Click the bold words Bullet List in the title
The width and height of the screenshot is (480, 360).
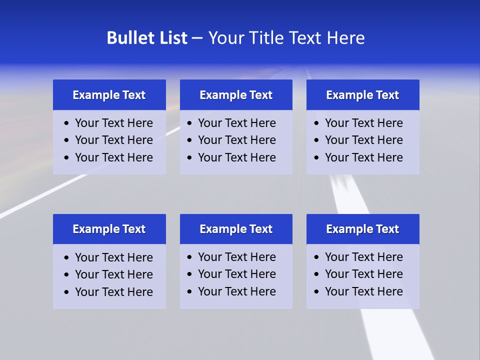147,38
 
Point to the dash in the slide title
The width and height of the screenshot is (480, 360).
197,38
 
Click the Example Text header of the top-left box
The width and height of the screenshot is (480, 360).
109,95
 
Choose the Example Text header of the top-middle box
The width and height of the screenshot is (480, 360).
236,95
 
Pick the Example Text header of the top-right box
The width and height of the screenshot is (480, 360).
362,95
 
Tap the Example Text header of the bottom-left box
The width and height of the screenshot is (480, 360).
109,229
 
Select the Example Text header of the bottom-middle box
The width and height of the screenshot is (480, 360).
236,229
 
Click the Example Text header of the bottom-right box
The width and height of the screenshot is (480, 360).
362,229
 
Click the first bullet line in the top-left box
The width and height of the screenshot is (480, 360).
113,123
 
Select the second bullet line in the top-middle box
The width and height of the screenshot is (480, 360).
236,140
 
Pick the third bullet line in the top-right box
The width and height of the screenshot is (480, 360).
363,157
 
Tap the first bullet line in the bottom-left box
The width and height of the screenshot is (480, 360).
113,257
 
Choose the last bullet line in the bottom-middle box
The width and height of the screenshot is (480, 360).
236,291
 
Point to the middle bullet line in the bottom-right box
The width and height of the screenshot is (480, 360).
363,274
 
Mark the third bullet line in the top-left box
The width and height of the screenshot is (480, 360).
113,157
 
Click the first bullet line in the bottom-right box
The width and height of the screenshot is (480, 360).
363,257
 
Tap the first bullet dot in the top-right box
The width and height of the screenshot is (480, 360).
316,123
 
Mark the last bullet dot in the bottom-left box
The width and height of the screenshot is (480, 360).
67,292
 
